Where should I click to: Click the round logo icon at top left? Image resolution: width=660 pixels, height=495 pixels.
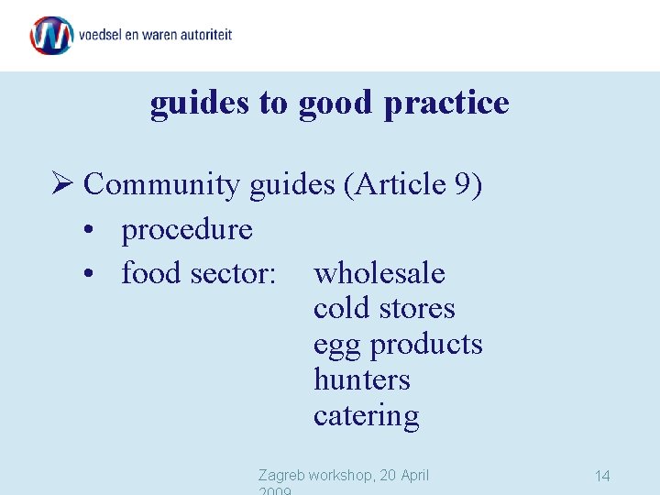[51, 35]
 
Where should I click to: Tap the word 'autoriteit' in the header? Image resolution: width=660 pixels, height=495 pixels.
[203, 35]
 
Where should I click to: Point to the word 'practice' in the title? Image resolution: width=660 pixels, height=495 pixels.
[446, 103]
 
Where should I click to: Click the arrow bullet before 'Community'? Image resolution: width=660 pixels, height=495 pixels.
[63, 185]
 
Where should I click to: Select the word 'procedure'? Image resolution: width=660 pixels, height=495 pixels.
[187, 229]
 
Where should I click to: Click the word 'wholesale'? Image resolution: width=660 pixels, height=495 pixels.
[379, 273]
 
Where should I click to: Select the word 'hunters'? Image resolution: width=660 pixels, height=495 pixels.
[361, 379]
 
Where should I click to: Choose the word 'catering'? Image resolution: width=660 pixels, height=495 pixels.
[366, 416]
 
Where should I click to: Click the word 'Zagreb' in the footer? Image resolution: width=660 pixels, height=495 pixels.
[281, 475]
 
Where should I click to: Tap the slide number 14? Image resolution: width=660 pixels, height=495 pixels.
[602, 476]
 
